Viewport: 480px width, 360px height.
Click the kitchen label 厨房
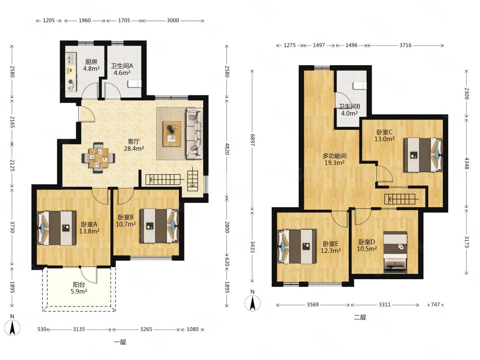[91, 62]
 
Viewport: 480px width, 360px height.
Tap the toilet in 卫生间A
[134, 84]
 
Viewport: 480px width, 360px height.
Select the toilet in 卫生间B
[360, 86]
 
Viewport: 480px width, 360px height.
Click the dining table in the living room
[99, 158]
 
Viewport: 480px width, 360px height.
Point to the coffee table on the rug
[172, 134]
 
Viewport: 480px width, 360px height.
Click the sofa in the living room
[194, 133]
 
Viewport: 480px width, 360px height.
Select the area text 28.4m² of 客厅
[134, 149]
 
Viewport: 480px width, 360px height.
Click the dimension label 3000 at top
[173, 20]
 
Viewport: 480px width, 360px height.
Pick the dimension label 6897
[253, 140]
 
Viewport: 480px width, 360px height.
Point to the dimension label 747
[435, 305]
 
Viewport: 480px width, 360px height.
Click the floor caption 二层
[360, 317]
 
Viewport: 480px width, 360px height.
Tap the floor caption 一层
[120, 342]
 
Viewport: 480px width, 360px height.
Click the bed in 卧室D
[395, 252]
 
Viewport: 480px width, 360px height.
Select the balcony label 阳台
[79, 285]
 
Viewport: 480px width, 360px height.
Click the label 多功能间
[334, 156]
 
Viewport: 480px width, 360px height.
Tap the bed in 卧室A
[56, 228]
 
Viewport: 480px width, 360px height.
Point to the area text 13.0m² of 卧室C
[384, 139]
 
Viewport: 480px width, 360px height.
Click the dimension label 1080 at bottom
[192, 329]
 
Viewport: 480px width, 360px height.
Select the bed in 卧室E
[297, 246]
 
